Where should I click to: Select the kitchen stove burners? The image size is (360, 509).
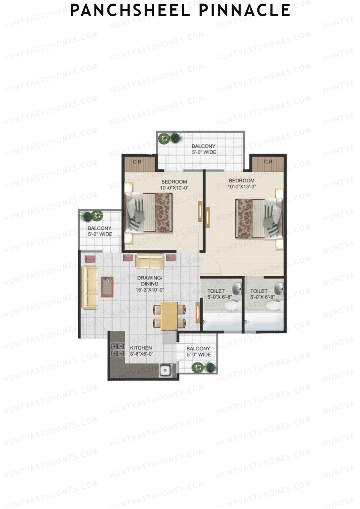coord(118,350)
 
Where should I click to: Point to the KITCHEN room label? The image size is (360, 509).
coord(141,348)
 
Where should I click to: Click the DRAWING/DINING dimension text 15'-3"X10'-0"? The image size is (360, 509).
coord(150,290)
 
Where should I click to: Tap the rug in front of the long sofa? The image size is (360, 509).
coord(107,287)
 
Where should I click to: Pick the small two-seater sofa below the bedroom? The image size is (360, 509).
coord(150,261)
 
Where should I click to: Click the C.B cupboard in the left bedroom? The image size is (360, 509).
coord(137,162)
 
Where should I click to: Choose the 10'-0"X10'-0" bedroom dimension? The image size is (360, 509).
coord(174,188)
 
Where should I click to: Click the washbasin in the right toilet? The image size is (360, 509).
coord(279,288)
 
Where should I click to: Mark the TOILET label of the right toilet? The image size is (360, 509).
coord(259,291)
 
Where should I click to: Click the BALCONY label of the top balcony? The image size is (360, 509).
coord(204,146)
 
